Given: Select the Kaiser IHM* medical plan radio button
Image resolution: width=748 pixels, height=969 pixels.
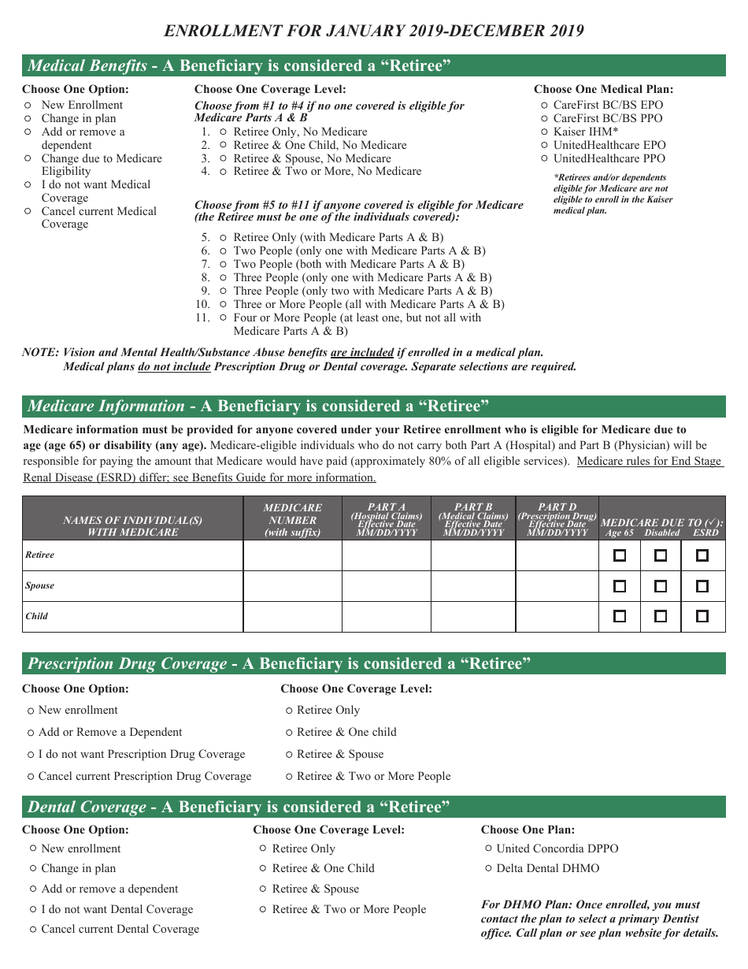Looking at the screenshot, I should (545, 132).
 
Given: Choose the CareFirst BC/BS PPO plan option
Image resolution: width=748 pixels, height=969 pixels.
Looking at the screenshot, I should (545, 118).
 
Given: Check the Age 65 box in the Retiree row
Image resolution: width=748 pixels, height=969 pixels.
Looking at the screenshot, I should (620, 555).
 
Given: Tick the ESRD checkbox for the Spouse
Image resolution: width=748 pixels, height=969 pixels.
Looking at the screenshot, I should (702, 586).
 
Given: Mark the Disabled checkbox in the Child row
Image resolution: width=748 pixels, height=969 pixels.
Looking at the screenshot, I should (661, 616).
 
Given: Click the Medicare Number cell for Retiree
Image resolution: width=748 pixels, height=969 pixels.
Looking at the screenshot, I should (292, 555).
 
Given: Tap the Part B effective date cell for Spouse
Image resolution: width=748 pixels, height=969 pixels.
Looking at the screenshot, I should (473, 586).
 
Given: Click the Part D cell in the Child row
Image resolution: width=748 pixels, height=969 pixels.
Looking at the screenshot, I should (557, 616).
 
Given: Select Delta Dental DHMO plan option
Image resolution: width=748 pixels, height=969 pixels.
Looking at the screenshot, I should (489, 868).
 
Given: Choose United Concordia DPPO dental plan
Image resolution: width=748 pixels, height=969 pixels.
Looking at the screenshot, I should (489, 848).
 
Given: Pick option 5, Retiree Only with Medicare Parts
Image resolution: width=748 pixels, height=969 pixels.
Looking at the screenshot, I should (224, 237).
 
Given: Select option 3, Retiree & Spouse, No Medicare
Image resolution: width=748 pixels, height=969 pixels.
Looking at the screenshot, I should (224, 158).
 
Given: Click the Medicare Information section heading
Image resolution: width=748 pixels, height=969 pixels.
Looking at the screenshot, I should (258, 407).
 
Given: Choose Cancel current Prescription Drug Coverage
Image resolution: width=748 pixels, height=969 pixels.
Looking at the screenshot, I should (31, 776).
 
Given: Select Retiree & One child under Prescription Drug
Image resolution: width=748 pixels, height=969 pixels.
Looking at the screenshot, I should (290, 732).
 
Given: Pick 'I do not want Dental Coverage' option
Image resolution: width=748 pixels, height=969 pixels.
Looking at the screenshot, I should (33, 909).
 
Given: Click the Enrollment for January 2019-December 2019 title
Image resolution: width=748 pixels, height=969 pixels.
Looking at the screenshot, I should (374, 32).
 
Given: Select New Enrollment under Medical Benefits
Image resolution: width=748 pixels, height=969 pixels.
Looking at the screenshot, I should (28, 105).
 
